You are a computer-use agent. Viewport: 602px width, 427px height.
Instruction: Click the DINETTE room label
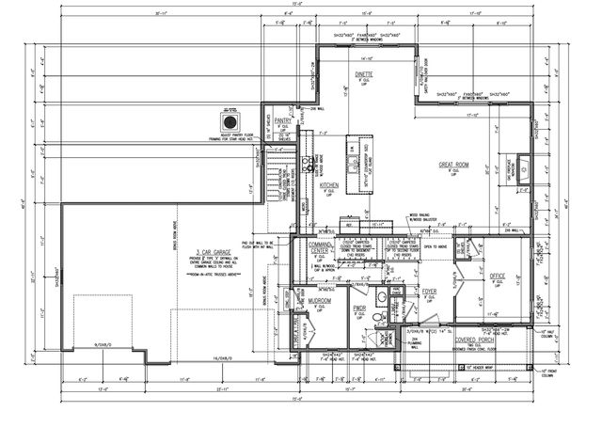tap(364, 73)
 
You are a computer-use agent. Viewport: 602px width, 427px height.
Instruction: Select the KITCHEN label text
tap(328, 185)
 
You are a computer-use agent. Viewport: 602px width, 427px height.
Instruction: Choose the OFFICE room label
tap(497, 276)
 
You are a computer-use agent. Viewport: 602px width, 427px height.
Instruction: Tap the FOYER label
tap(429, 292)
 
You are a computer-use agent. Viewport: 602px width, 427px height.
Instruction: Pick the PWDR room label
tap(358, 308)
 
